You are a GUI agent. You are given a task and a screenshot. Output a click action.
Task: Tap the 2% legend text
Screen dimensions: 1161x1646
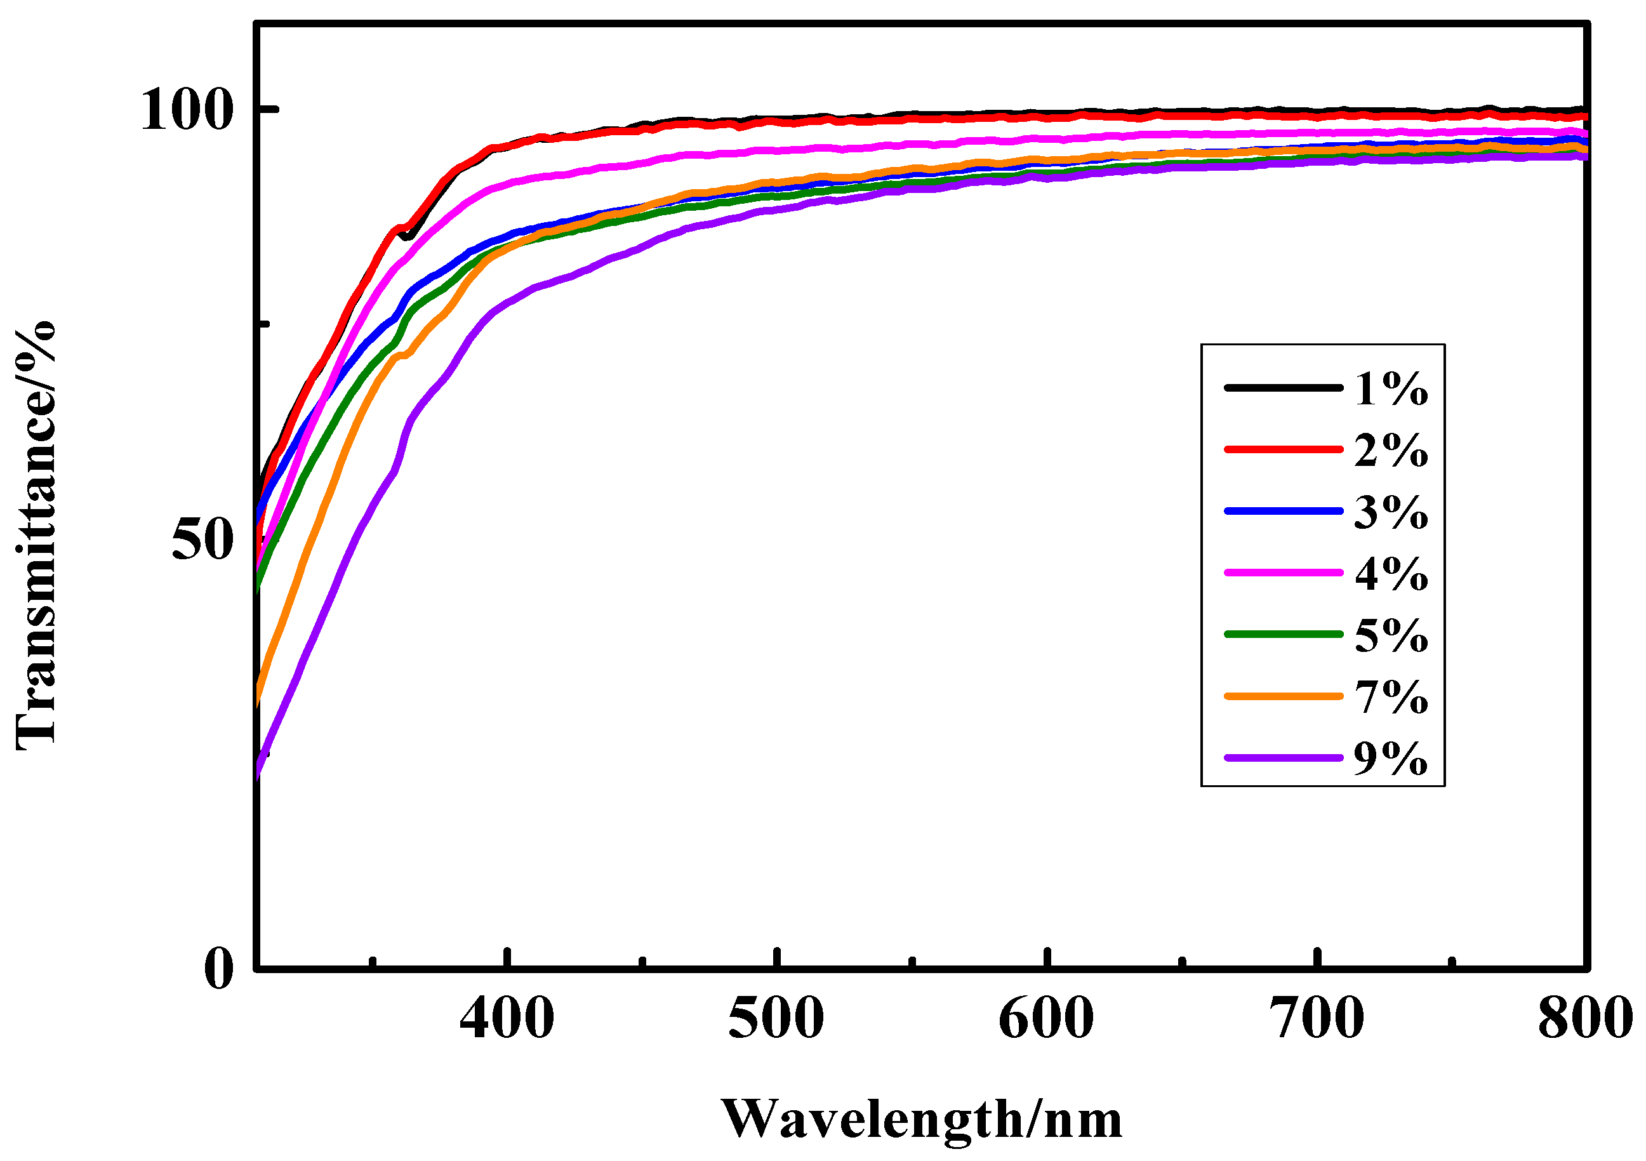[1391, 451]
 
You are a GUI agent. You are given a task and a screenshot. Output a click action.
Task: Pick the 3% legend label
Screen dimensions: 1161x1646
[1391, 512]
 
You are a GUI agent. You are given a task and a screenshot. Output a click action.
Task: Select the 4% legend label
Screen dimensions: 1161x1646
[1391, 574]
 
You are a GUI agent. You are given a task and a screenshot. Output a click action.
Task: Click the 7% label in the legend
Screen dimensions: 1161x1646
[1391, 698]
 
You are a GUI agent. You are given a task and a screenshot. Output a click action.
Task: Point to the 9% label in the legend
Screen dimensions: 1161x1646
[1391, 759]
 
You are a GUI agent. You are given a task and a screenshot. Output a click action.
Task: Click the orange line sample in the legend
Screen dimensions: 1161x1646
[1284, 696]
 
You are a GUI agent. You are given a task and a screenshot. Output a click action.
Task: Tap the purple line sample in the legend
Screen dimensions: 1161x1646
[1284, 757]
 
